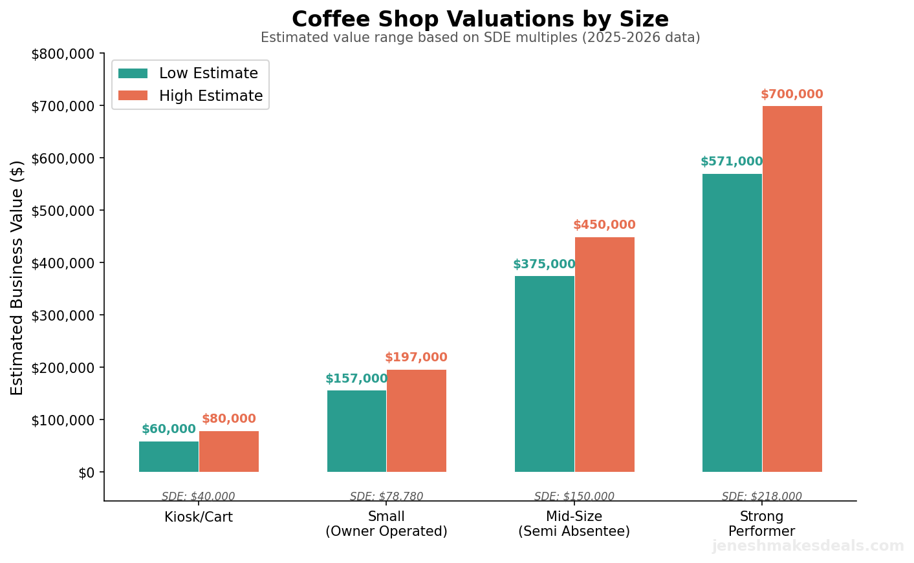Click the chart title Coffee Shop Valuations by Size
[480, 19]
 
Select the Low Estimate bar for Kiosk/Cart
[169, 456]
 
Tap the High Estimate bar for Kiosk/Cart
[229, 451]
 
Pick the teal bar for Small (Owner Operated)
[356, 430]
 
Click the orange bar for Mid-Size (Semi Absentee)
[604, 354]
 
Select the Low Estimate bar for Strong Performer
[732, 323]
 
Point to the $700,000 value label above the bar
[792, 94]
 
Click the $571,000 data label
[732, 162]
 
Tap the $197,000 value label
[416, 357]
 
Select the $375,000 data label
[544, 264]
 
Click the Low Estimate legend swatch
[133, 74]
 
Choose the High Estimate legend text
[211, 96]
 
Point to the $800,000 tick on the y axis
[63, 54]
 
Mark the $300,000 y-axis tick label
[63, 315]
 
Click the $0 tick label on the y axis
[86, 473]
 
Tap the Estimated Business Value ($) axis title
[17, 277]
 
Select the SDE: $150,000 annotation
[574, 496]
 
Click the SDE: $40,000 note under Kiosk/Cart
[199, 496]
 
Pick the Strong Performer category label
[761, 524]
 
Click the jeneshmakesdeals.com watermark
[808, 546]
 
